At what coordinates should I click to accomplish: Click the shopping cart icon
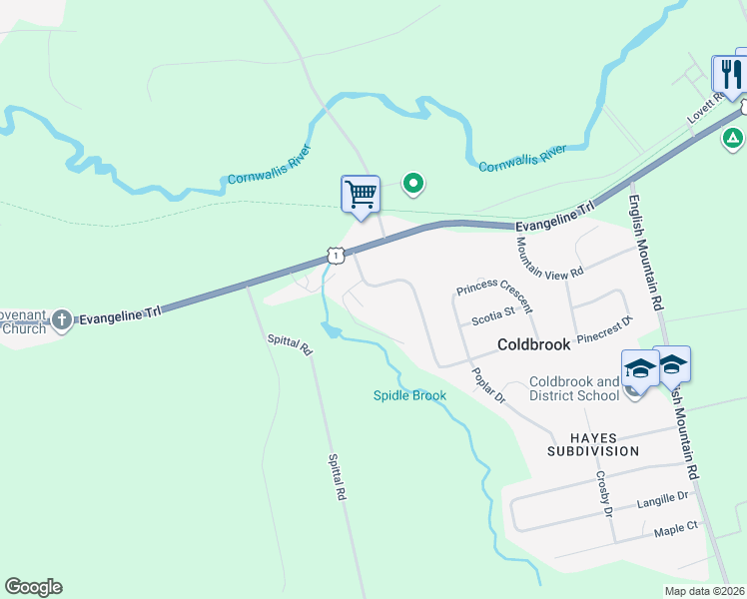(x=361, y=194)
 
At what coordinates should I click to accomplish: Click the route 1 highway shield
(x=337, y=256)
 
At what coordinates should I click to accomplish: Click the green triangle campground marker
(x=734, y=137)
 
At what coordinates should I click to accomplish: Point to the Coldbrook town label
(x=534, y=344)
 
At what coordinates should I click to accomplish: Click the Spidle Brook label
(x=409, y=395)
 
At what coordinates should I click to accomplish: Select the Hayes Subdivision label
(x=592, y=444)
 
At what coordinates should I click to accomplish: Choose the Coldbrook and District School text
(x=574, y=388)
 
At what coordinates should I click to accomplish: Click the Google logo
(x=33, y=587)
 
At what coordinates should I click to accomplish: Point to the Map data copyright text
(x=703, y=591)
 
